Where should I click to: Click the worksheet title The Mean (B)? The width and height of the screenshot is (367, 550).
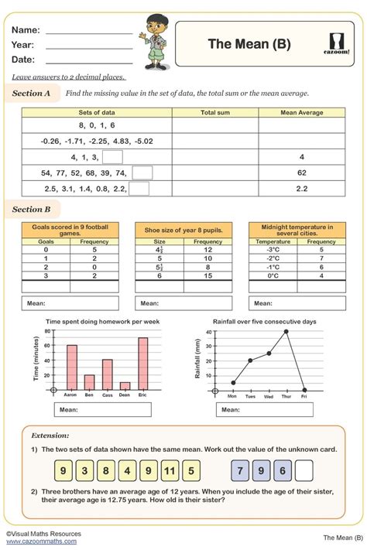click(x=249, y=44)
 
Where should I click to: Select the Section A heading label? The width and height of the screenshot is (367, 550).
click(x=32, y=93)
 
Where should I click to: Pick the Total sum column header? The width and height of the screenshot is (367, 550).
click(x=214, y=112)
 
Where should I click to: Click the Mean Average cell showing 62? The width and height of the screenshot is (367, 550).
click(x=301, y=173)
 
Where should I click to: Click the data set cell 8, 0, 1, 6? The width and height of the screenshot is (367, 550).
click(x=97, y=125)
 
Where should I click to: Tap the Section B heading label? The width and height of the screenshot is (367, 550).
click(x=32, y=209)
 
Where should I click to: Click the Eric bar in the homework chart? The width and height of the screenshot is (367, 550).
click(x=143, y=362)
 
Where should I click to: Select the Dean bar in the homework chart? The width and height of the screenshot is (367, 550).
click(x=125, y=384)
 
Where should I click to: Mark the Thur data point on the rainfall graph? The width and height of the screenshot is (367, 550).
click(x=286, y=331)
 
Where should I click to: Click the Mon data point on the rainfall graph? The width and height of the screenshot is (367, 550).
click(x=233, y=382)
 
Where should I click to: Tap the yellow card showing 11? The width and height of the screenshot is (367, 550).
click(x=171, y=470)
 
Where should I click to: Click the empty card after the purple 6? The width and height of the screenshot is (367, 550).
click(x=304, y=470)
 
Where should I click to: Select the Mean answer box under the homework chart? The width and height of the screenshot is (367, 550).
click(x=102, y=409)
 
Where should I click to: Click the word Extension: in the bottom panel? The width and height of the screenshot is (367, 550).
click(x=50, y=436)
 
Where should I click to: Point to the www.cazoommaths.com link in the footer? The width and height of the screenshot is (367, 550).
click(x=41, y=541)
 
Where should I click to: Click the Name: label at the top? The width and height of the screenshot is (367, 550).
click(x=26, y=29)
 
